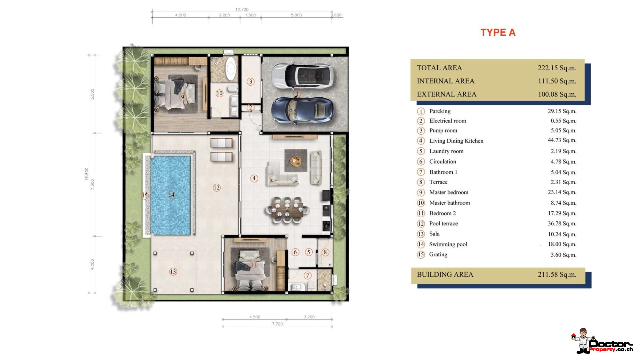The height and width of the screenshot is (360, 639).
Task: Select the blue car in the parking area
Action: [302, 111]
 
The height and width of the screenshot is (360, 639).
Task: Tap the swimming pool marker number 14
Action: [171, 195]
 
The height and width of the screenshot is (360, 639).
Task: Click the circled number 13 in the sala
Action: [173, 272]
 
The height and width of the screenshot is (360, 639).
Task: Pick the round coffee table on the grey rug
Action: [295, 160]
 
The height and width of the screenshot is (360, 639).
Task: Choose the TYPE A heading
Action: [498, 32]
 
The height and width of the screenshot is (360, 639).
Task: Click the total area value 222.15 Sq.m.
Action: [557, 68]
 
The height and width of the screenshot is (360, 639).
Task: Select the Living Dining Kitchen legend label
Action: [456, 141]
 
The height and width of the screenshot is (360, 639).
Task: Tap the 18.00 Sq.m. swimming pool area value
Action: [562, 244]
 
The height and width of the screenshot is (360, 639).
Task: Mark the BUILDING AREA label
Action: [445, 274]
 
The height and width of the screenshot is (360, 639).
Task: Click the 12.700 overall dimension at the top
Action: [242, 9]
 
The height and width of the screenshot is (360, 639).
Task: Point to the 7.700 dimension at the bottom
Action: [277, 324]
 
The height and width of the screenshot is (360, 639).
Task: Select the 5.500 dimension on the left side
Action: [92, 94]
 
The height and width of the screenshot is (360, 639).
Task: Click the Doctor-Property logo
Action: [602, 341]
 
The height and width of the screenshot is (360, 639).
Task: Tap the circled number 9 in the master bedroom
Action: [183, 97]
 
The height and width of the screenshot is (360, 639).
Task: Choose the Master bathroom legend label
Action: [450, 203]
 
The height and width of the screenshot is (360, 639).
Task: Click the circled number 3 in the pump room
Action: [250, 82]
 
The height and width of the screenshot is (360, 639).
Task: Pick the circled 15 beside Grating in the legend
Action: [421, 255]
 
